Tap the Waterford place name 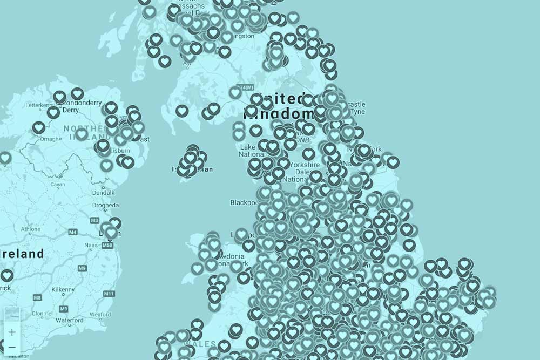(69, 320)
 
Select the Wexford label (100, 314)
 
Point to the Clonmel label (42, 314)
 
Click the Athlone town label (30, 229)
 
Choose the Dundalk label (103, 192)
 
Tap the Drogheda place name (105, 206)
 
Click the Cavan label (57, 184)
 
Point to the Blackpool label (244, 203)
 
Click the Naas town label (91, 245)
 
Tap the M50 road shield (108, 246)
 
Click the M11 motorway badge (109, 294)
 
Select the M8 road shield (37, 297)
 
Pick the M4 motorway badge (73, 232)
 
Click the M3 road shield (94, 221)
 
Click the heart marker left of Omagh (38, 128)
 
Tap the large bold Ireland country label (22, 254)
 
